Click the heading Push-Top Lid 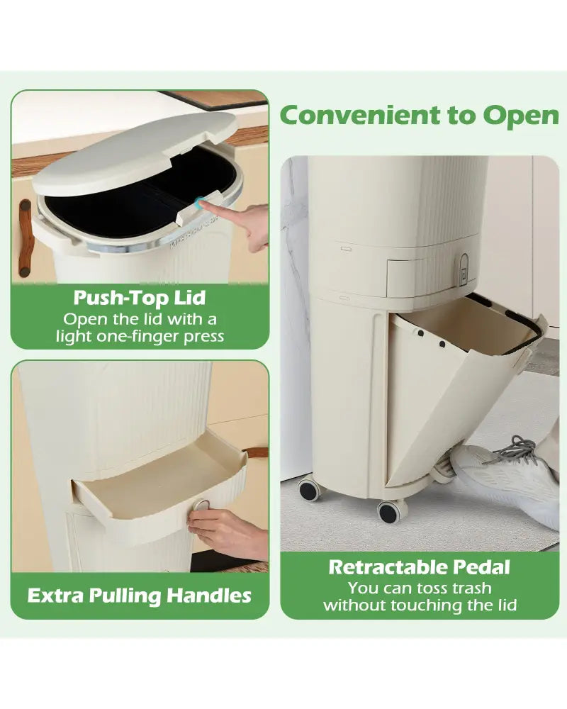(x=140, y=298)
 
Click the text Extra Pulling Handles (x=139, y=596)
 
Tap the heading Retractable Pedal (x=419, y=567)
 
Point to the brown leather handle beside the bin (x=26, y=238)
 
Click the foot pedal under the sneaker (x=440, y=470)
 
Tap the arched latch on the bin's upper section (x=464, y=270)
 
